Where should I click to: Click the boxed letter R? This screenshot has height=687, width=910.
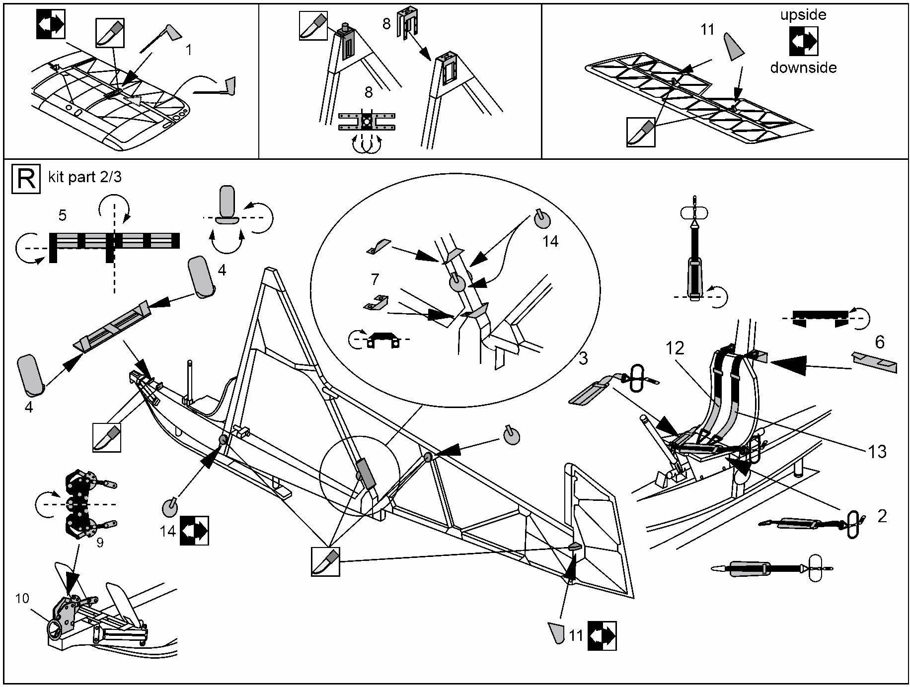click(x=26, y=179)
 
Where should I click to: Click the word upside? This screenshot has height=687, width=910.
click(x=803, y=15)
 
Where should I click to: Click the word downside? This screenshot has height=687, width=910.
click(x=803, y=68)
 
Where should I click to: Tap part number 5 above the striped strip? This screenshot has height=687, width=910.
click(x=62, y=215)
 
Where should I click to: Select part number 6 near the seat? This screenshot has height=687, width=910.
click(x=879, y=342)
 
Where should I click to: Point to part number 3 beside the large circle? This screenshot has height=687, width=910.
click(x=583, y=358)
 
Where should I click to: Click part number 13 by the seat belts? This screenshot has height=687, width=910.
click(x=877, y=451)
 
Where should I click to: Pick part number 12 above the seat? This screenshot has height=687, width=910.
click(x=675, y=348)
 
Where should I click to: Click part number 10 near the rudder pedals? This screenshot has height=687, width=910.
click(x=22, y=599)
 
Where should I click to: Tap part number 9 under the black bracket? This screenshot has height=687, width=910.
click(x=100, y=543)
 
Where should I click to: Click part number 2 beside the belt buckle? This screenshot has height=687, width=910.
click(x=882, y=516)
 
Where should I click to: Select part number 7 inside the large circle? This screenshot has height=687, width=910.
click(x=375, y=279)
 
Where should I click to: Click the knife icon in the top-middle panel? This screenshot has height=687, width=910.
click(x=313, y=26)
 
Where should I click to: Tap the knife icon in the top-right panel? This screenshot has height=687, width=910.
click(x=641, y=132)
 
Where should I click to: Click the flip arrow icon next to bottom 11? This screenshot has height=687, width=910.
click(x=602, y=635)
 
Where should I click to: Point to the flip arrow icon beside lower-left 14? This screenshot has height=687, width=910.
click(x=194, y=531)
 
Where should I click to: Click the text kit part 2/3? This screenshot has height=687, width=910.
click(x=84, y=177)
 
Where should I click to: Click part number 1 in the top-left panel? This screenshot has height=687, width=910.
click(x=188, y=50)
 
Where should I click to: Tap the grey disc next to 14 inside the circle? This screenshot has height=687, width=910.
click(x=542, y=219)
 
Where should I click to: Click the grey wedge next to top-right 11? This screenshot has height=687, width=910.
click(x=733, y=46)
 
